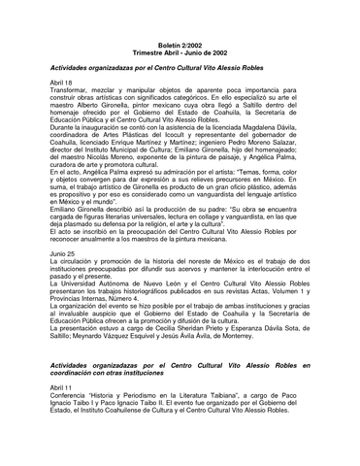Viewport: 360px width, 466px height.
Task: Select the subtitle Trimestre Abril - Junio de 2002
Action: (x=180, y=45)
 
